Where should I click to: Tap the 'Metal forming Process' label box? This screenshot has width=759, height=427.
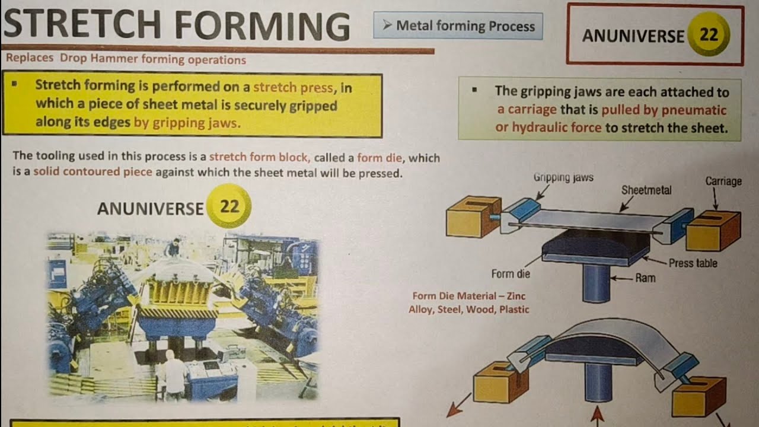[458, 26]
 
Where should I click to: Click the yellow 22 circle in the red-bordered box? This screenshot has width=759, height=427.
[709, 35]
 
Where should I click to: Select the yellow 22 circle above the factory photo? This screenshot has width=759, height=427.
[229, 206]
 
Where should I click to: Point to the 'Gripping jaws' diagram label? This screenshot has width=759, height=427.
[563, 177]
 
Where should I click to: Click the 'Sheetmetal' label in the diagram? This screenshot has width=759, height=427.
[646, 190]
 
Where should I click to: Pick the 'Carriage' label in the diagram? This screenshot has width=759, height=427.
[723, 181]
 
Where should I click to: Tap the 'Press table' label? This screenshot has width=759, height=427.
[693, 263]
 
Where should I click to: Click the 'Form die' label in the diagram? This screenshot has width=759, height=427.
[511, 274]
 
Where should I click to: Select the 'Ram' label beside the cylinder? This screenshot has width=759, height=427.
[645, 278]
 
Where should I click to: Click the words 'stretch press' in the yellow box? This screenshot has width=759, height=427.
[293, 87]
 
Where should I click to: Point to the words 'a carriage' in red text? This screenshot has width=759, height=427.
[527, 110]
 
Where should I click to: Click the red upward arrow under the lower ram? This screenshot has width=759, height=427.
[597, 413]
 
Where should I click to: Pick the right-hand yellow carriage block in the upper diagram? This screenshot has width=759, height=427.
[712, 231]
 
